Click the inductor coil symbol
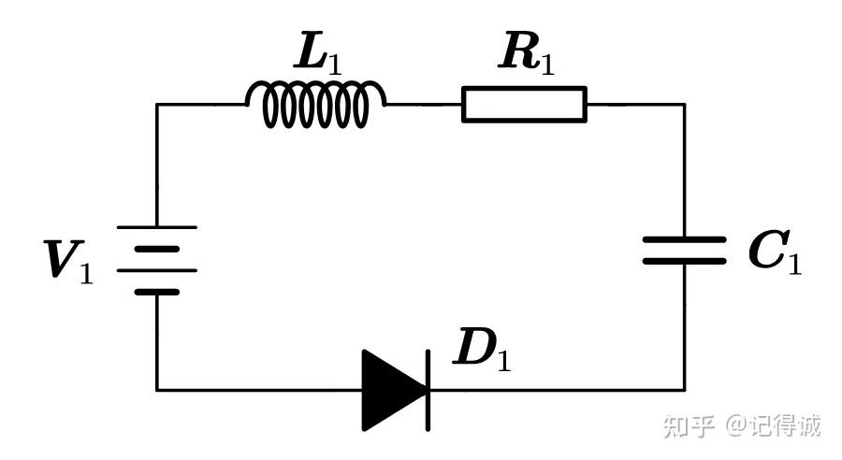pyautogui.click(x=315, y=103)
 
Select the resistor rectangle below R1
pyautogui.click(x=524, y=104)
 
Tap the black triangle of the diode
pyautogui.click(x=390, y=389)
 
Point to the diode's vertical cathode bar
pyautogui.click(x=428, y=389)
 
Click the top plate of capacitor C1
pyautogui.click(x=684, y=239)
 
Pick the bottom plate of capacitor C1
pyautogui.click(x=684, y=260)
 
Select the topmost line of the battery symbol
pyautogui.click(x=156, y=227)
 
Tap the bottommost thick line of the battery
pyautogui.click(x=156, y=291)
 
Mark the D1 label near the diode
pyautogui.click(x=481, y=350)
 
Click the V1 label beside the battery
pyautogui.click(x=68, y=261)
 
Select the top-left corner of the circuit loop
pyautogui.click(x=156, y=104)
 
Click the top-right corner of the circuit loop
pyautogui.click(x=684, y=104)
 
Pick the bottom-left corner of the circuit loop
pyautogui.click(x=156, y=389)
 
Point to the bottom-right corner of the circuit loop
pyautogui.click(x=684, y=389)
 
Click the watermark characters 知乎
pyautogui.click(x=690, y=426)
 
